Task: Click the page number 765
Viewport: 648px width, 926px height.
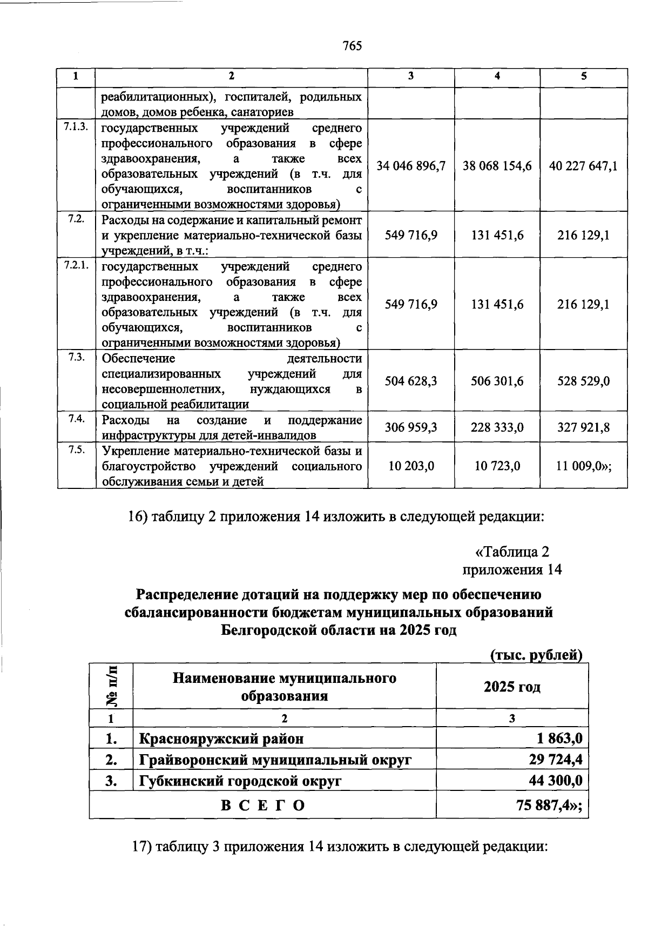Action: coord(352,46)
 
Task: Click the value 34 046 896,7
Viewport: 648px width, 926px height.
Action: coord(411,166)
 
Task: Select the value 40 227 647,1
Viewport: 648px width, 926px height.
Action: coord(584,166)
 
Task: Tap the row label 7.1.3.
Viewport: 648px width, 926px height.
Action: coord(76,128)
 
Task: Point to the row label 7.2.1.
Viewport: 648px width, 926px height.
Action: coord(76,265)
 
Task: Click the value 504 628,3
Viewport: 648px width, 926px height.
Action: coord(411,381)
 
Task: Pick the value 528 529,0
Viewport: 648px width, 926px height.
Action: coord(584,381)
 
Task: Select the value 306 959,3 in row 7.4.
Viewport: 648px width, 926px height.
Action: coord(411,428)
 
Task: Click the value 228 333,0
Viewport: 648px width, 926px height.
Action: coord(497,428)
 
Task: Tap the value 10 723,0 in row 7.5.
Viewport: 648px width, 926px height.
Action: coord(497,466)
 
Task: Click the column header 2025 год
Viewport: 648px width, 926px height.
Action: coord(511,687)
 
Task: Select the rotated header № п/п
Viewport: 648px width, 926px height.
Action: coord(111,686)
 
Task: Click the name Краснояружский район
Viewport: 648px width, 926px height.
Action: coord(221,738)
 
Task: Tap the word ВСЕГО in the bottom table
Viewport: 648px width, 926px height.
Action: coord(263,806)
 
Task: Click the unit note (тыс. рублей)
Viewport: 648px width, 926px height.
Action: coord(536,655)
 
